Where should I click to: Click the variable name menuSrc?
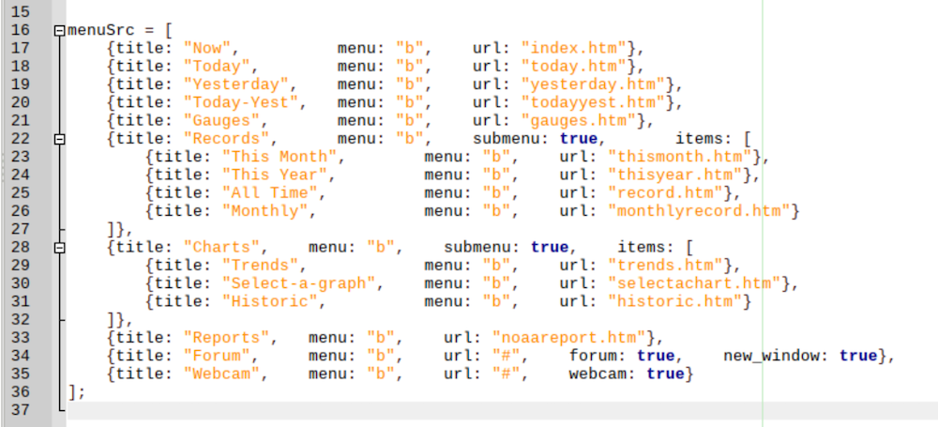point(98,30)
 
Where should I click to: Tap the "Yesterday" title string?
point(236,84)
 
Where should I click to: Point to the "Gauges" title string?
point(222,120)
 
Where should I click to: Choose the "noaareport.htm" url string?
point(568,338)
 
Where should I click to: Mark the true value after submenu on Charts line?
point(550,248)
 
